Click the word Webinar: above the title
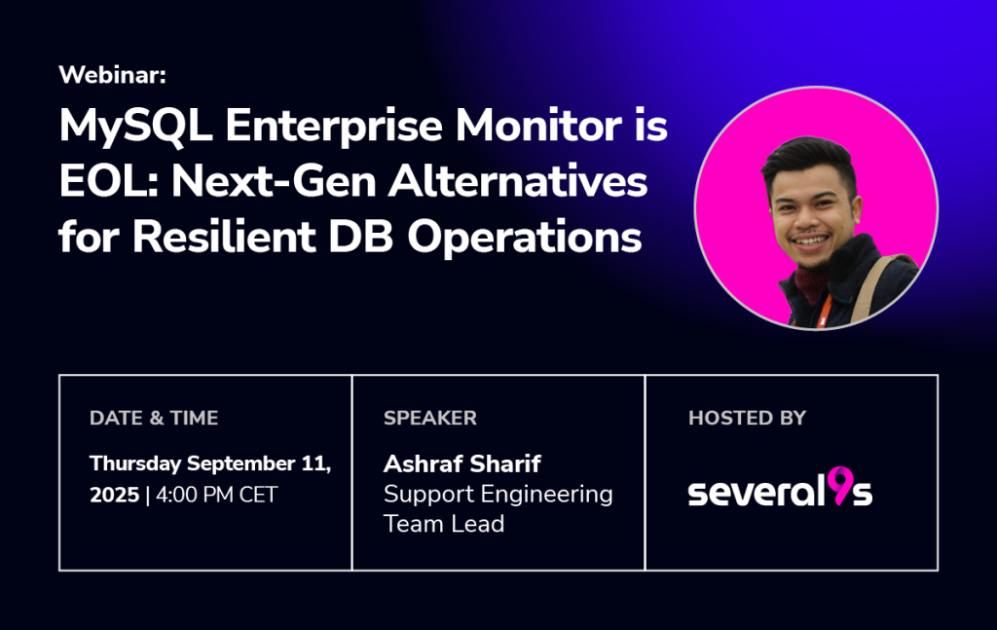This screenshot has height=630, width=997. (113, 75)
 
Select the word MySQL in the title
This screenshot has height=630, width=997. (135, 127)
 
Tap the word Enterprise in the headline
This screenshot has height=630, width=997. (334, 127)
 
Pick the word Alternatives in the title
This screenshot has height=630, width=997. (518, 181)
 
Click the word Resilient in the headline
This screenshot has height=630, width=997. (224, 237)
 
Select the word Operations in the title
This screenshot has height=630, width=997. (525, 238)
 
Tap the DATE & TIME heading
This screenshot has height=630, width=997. (154, 418)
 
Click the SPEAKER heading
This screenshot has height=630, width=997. (429, 418)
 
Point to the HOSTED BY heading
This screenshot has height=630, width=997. (747, 418)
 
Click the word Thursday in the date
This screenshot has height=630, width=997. (135, 464)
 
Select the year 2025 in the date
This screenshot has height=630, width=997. (115, 495)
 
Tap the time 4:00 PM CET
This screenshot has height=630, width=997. (217, 495)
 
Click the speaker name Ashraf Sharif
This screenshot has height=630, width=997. (462, 464)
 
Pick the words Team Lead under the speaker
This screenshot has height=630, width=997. (444, 524)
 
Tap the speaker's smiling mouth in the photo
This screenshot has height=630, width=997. (811, 241)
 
